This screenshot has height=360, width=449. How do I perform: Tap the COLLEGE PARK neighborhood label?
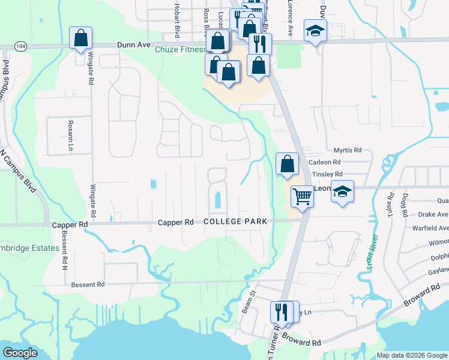coord(235,221)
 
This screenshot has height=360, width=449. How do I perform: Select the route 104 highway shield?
coord(21,46)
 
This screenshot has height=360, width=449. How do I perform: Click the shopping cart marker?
coord(303,196)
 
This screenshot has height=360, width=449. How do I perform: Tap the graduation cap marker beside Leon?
coord(342,191)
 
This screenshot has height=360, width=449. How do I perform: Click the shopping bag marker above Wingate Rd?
coord(80,38)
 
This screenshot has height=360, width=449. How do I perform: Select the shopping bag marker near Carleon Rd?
coord(288,164)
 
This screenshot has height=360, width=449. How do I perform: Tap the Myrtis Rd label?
coord(348,150)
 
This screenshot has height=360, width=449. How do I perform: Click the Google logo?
coord(20,353)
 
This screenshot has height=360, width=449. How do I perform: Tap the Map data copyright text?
coord(412,355)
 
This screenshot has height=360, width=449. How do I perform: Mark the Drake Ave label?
coord(429,214)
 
